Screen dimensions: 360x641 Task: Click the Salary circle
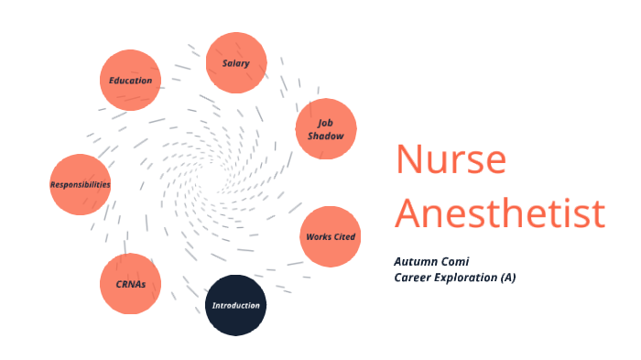click(236, 63)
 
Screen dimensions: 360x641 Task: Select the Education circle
click(131, 81)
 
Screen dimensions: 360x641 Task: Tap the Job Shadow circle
click(325, 129)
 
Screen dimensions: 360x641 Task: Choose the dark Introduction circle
click(235, 305)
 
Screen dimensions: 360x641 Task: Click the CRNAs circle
click(130, 283)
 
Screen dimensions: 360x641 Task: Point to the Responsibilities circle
click(81, 184)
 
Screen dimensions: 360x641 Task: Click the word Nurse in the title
click(451, 160)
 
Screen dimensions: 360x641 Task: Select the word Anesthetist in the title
click(500, 213)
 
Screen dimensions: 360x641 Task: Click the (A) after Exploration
click(507, 277)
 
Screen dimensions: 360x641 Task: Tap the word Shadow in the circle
click(325, 136)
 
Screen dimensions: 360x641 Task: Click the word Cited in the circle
click(343, 237)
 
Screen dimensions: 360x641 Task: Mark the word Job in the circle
click(325, 123)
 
